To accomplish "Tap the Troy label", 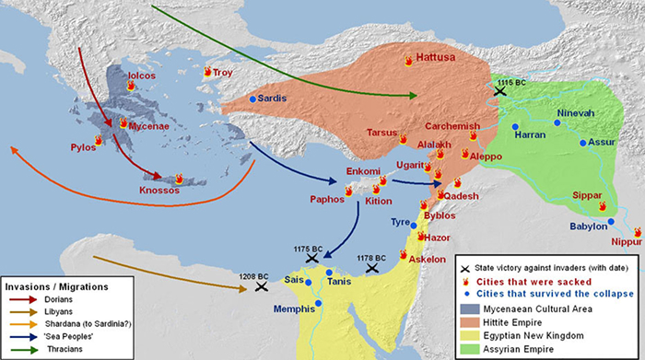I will [223, 72].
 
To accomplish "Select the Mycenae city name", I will [148, 125].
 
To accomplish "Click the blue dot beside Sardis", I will [252, 99].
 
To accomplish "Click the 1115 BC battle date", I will [512, 83].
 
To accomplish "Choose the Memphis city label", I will [293, 309].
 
